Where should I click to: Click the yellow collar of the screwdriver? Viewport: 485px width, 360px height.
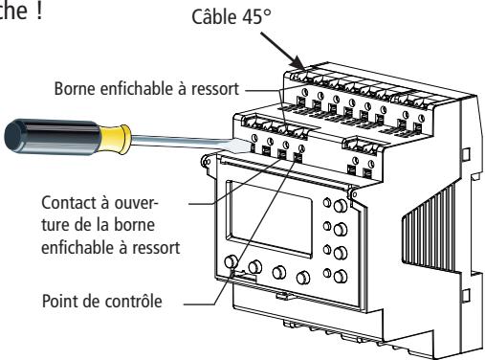pyautogui.click(x=116, y=139)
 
